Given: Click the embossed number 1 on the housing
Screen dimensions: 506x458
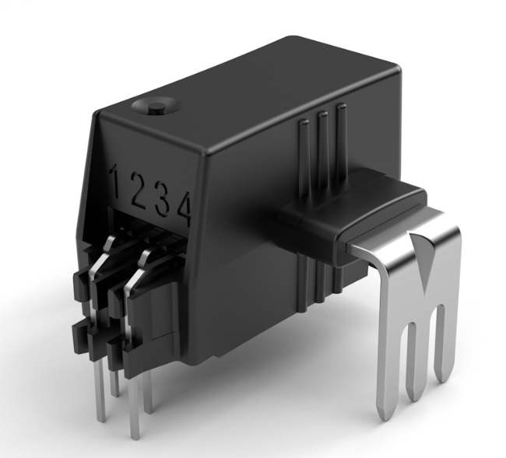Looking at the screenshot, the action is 115,181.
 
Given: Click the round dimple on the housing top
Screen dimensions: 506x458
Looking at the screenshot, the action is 156,106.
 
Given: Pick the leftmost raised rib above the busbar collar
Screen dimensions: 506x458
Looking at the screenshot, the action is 304,158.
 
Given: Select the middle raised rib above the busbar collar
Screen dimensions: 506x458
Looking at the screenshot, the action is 323,151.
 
